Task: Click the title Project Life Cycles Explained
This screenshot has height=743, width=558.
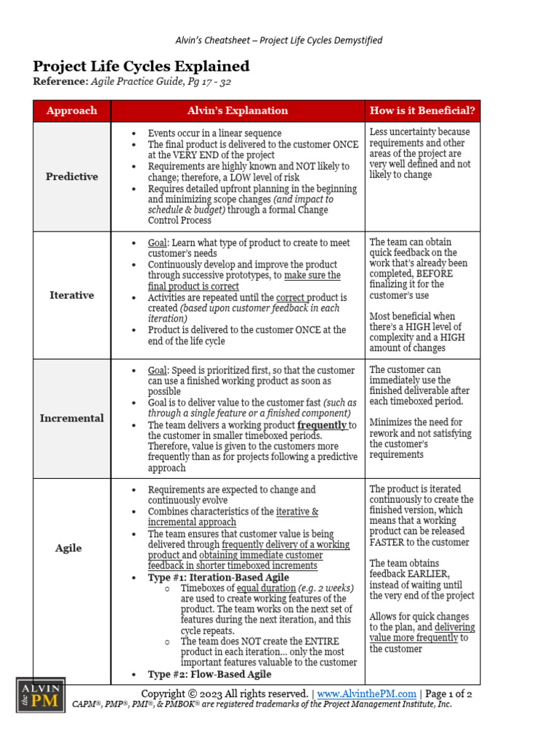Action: click(x=141, y=67)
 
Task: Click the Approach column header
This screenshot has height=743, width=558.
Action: click(x=71, y=111)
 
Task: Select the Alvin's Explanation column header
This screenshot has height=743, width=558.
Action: click(x=237, y=111)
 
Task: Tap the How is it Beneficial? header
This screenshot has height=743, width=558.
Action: click(x=422, y=111)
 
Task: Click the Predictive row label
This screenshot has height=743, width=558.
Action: click(x=71, y=176)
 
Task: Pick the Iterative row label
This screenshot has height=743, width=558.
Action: click(x=71, y=295)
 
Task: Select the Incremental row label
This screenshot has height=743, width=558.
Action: click(x=71, y=418)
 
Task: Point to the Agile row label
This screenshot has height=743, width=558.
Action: click(x=69, y=548)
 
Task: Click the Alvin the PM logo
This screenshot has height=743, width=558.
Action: click(x=41, y=695)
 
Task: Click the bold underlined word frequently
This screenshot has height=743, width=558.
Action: click(x=322, y=425)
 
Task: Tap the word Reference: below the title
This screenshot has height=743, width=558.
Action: click(x=60, y=82)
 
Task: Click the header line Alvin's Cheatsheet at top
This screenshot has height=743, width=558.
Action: click(x=279, y=41)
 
